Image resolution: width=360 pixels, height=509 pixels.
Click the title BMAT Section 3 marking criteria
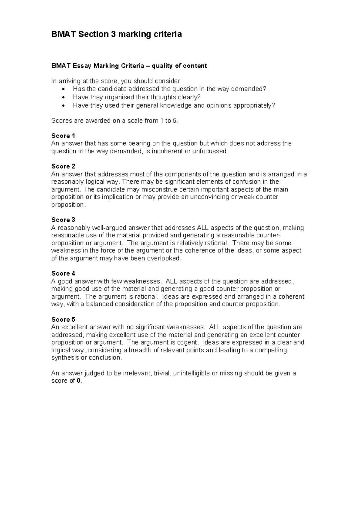click(116, 35)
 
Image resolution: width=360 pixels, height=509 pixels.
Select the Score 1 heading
click(63, 136)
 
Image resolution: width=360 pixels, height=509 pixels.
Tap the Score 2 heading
click(63, 167)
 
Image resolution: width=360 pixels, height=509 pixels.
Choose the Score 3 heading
click(63, 220)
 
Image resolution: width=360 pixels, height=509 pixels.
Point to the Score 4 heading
click(63, 274)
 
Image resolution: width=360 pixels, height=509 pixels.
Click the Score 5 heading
click(63, 319)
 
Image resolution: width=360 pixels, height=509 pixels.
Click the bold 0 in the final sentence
click(79, 381)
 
